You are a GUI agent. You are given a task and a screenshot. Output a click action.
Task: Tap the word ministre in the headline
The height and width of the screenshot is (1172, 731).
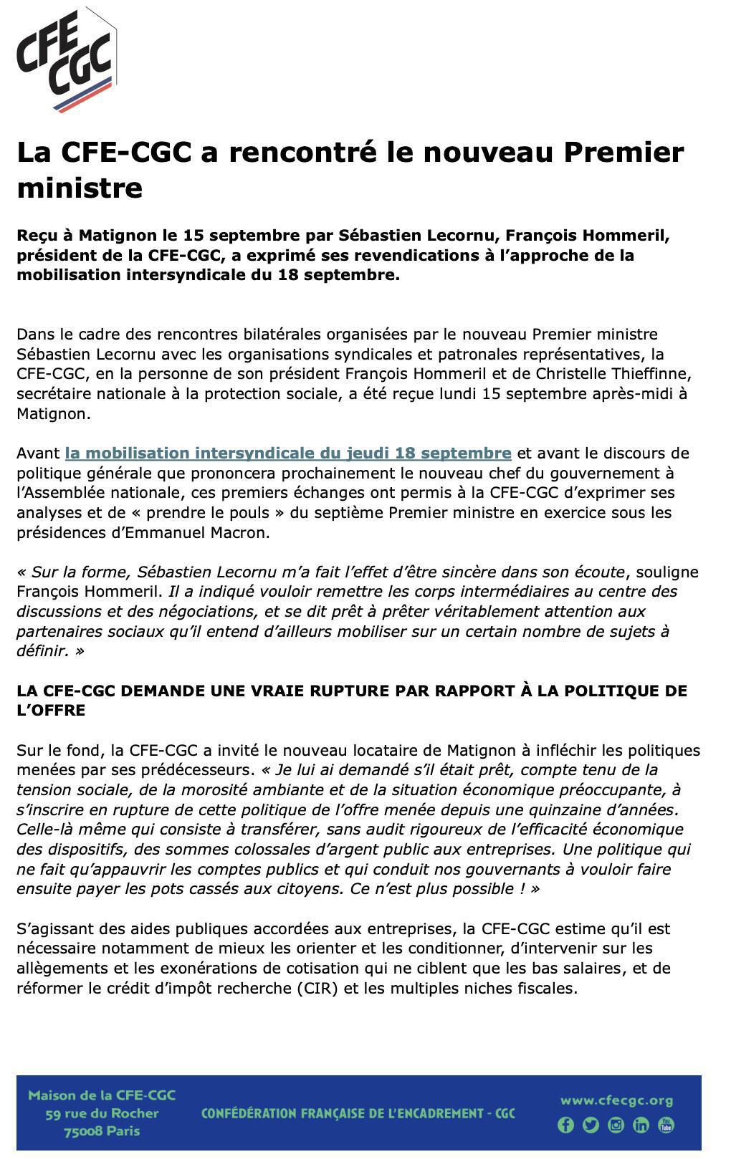[80, 188]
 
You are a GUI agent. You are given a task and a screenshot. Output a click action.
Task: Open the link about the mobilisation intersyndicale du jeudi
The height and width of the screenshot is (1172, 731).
[287, 453]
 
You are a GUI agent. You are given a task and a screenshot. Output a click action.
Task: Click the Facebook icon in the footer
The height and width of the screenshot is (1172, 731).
[565, 1125]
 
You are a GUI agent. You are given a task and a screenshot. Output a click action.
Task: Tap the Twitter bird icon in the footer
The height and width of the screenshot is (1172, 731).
[591, 1125]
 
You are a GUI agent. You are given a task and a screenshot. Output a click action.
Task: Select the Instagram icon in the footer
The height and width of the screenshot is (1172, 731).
[616, 1125]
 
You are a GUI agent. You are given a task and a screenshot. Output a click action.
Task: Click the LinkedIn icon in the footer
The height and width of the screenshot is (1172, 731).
[641, 1125]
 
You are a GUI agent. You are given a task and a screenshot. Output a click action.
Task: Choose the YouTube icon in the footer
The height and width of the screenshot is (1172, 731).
[666, 1125]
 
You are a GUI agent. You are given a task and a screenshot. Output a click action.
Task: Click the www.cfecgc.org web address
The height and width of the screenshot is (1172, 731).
[616, 1100]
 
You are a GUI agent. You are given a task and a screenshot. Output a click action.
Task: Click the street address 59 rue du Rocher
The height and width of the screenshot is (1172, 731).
[102, 1113]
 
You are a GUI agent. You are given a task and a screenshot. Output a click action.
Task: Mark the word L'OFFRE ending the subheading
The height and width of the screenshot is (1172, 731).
[51, 711]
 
